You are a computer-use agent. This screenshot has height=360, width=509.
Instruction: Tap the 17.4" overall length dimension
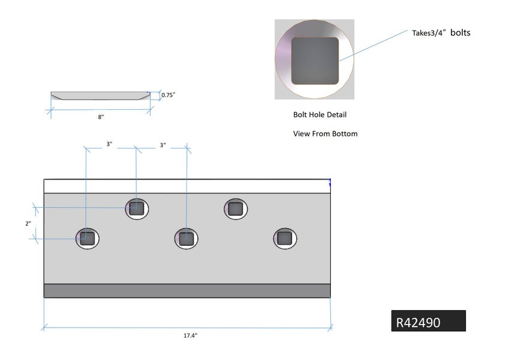pos(190,336)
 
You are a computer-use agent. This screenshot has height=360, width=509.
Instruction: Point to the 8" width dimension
pos(101,117)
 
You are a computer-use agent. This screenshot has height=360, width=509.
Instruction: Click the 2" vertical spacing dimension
pos(28,223)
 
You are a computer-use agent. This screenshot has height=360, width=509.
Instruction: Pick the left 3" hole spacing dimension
pos(109,145)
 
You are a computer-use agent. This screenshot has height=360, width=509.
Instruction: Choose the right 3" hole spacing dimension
pos(162,145)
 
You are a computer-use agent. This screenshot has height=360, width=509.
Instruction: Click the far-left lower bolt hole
pos(87,238)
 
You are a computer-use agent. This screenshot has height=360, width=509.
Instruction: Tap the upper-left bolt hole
pos(137,208)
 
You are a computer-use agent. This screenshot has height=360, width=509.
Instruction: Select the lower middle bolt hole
pos(186,238)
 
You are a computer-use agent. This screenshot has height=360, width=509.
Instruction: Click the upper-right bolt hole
pos(236,208)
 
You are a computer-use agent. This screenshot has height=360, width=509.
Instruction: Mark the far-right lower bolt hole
pos(285,238)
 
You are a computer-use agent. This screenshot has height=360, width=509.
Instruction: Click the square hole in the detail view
pos(315,61)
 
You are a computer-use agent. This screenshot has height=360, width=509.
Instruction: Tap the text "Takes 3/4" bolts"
pos(441,33)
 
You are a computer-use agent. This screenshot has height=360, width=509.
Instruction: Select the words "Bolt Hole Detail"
pos(320,115)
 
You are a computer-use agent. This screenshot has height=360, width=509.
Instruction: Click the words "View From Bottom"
pos(325,134)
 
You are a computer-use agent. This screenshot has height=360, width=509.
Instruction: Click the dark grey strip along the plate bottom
pos(187,291)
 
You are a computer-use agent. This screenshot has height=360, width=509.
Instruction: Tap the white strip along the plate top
pos(187,186)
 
